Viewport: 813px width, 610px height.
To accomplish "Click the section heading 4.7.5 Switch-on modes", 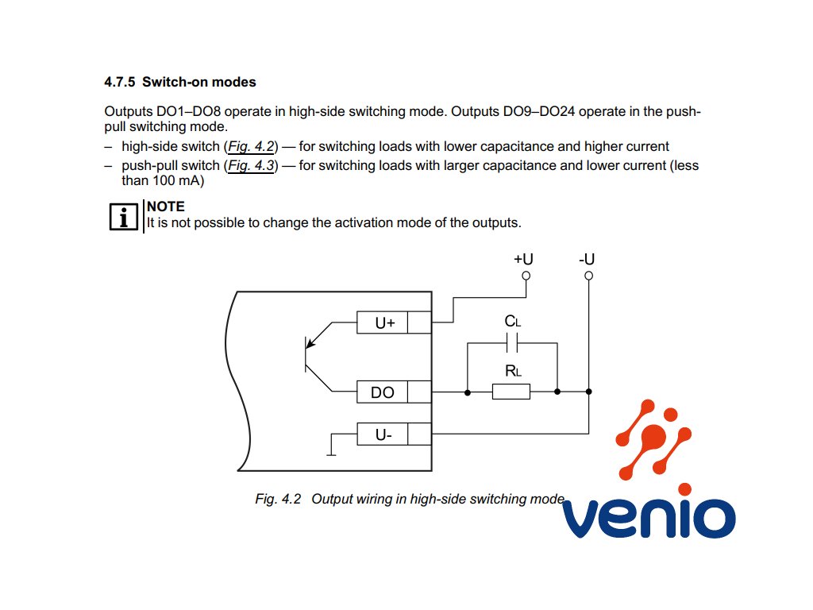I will (179, 82).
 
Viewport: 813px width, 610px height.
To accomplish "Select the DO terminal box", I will (382, 392).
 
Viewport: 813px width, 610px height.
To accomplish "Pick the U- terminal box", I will (383, 434).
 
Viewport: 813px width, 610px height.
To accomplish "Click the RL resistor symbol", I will (511, 392).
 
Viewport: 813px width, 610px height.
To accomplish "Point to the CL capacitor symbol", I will (512, 342).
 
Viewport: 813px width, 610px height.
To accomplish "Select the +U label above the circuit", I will (523, 259).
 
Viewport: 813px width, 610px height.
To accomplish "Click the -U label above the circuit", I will (588, 259).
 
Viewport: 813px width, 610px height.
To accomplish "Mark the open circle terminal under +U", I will (525, 276).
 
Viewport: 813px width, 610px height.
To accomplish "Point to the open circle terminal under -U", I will (588, 276).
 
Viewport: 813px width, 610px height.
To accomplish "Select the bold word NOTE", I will (166, 207).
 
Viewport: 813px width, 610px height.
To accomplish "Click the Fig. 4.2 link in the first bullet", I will (250, 146).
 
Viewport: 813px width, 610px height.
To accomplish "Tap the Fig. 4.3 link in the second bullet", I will (250, 166).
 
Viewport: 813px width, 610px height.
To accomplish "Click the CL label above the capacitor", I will (513, 322).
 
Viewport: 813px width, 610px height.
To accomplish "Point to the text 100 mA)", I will (179, 180).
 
